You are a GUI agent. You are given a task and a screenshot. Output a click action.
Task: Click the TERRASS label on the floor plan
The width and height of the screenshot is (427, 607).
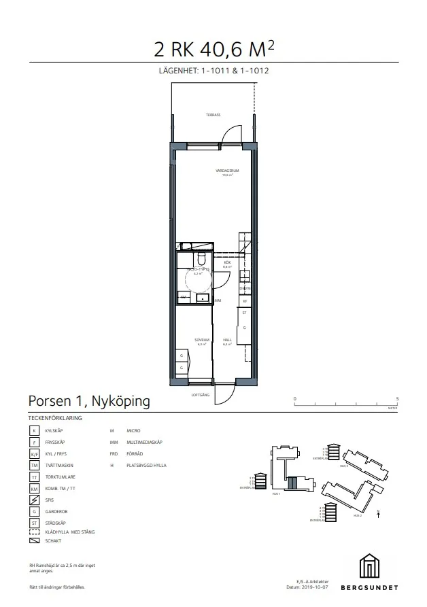pos(213,115)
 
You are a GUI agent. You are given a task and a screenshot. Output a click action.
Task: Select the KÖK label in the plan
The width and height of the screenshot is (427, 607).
pos(228,264)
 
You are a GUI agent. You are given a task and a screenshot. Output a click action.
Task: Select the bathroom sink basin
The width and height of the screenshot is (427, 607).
pos(202,298)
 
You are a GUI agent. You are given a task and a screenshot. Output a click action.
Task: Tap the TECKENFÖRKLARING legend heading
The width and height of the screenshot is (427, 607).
pos(55,418)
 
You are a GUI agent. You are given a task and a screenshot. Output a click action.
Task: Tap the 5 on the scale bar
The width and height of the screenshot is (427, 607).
pos(396,398)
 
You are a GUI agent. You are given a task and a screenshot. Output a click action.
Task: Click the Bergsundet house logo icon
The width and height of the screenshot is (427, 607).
pos(371,566)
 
